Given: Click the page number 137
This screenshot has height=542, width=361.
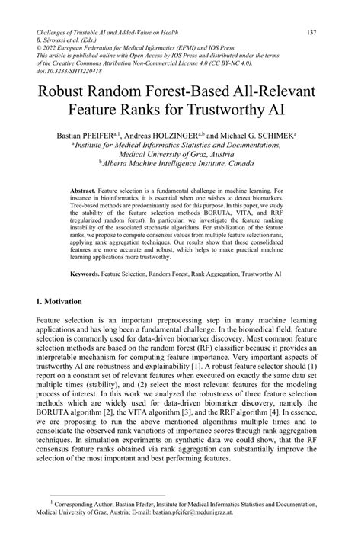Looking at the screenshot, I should (x=311, y=33).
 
